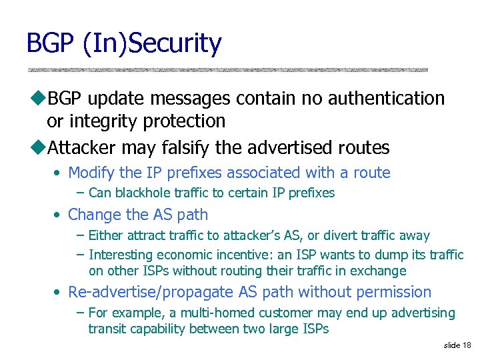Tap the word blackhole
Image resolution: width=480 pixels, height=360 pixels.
143,193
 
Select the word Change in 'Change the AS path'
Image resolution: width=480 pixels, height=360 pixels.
92,215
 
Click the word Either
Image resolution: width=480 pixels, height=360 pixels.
104,235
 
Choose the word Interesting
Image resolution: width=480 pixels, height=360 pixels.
121,255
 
